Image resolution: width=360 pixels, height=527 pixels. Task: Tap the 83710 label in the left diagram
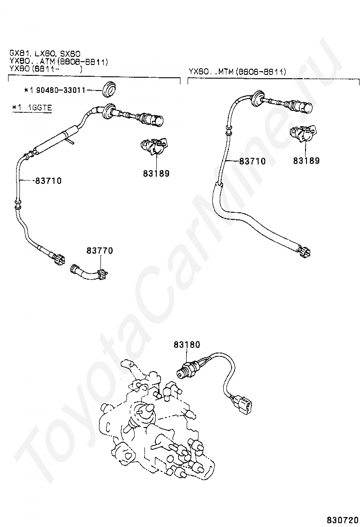pos(48,181)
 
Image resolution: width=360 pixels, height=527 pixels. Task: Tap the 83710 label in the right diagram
pos(252,161)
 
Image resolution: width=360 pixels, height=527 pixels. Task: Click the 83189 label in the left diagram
pos(156,173)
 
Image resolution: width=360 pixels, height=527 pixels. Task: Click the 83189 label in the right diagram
pos(306,161)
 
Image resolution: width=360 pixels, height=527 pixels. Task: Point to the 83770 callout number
pos(100,250)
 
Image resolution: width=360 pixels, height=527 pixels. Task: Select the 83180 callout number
pos(187,345)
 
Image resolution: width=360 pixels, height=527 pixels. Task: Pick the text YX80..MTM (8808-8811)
pos(237,72)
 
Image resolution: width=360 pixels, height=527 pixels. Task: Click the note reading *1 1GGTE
pos(32,108)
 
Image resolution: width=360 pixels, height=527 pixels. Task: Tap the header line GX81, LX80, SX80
pos(45,53)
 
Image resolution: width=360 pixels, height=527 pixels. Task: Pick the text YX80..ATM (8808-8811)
pos(58,62)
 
